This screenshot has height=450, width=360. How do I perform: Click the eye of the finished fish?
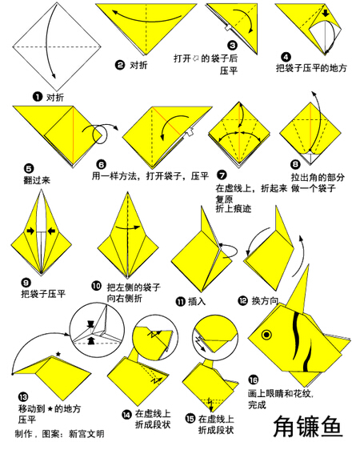[266, 335]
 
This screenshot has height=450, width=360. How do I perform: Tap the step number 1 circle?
[38, 97]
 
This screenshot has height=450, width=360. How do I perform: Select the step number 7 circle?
[222, 175]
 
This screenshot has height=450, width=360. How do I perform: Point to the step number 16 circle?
[253, 380]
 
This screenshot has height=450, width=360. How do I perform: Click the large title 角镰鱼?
[308, 427]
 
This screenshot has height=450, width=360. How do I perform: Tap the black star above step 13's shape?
[58, 354]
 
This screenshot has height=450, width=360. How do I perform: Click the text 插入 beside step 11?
[197, 301]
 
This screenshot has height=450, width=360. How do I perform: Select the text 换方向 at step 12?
[265, 300]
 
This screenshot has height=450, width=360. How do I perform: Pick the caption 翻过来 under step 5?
[37, 180]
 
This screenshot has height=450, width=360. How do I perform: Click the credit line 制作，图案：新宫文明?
[60, 434]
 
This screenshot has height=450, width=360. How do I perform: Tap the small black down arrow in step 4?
[326, 13]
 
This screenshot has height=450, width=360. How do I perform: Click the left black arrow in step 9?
[30, 231]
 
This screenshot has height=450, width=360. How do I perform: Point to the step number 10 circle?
[96, 286]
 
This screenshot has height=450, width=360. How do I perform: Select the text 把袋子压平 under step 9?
[43, 294]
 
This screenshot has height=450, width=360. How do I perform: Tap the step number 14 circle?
[126, 414]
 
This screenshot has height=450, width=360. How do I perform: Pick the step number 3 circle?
[232, 46]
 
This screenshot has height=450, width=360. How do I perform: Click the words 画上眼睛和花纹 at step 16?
[279, 393]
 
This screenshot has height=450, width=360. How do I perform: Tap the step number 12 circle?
[242, 300]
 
